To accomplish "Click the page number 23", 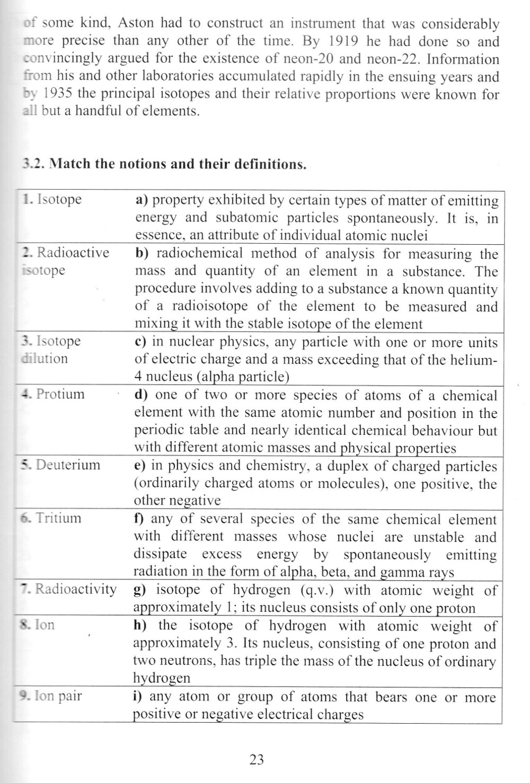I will (257, 760).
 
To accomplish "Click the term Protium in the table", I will (60, 394).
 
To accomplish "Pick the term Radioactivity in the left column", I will (76, 589).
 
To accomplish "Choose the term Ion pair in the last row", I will (58, 695).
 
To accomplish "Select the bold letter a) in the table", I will (141, 200).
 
